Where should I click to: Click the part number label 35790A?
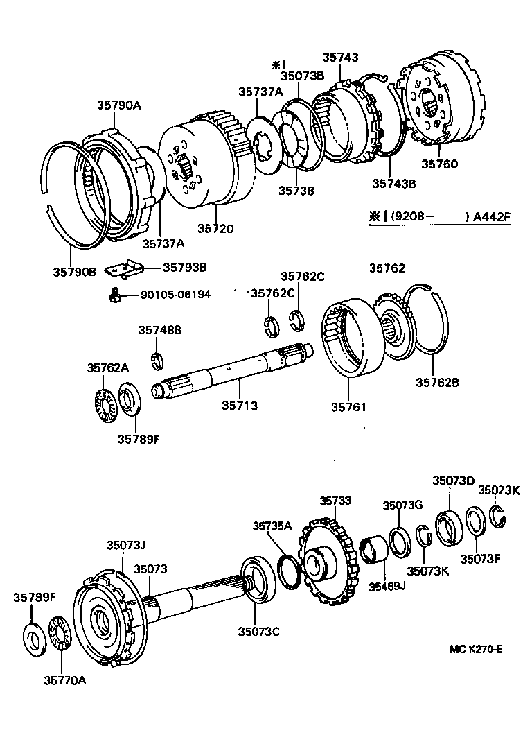click(x=118, y=105)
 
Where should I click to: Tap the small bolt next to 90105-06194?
click(x=115, y=295)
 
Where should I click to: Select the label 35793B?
click(x=185, y=266)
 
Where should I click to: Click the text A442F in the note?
click(x=492, y=216)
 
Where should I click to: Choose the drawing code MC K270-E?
click(x=475, y=649)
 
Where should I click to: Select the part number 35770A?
click(x=64, y=680)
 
